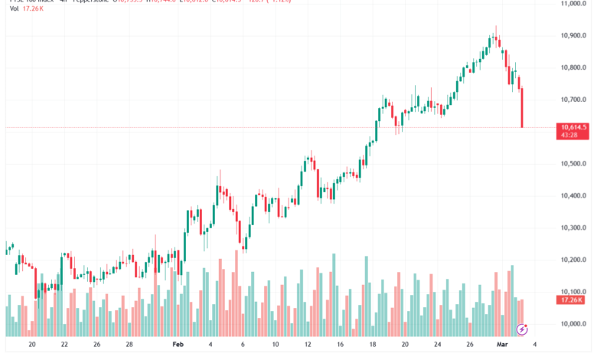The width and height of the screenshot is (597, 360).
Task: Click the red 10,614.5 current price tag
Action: tap(573, 127)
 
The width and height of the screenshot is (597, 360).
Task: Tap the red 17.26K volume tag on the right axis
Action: tap(573, 301)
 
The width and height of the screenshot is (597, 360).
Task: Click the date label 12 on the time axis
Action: tap(307, 345)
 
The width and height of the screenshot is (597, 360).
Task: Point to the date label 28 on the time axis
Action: tap(129, 345)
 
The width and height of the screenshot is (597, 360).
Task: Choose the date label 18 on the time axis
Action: tap(372, 345)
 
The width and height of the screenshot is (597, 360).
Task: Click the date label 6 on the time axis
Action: tap(243, 345)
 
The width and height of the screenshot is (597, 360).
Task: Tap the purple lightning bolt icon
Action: tap(522, 329)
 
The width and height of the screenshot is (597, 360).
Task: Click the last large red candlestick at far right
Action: tap(521, 107)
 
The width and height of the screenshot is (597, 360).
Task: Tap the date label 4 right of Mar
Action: tap(535, 345)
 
